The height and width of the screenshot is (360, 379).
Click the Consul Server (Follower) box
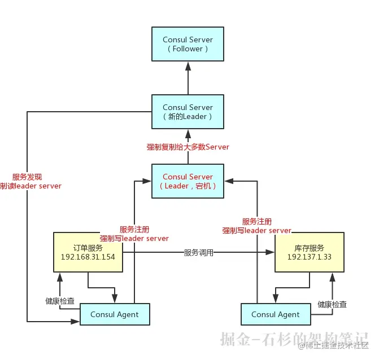(188, 44)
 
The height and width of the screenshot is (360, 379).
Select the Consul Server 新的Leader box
(188, 112)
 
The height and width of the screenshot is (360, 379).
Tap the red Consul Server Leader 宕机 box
(188, 181)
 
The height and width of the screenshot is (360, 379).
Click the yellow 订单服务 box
(88, 252)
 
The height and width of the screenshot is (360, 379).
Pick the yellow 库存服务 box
(309, 252)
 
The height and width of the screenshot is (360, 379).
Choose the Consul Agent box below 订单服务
(115, 314)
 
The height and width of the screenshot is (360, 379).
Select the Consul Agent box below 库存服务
(276, 314)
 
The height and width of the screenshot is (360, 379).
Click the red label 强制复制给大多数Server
(188, 147)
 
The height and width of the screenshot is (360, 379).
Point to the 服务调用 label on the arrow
(199, 253)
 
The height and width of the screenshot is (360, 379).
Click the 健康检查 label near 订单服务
(60, 301)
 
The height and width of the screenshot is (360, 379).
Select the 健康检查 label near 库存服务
(332, 305)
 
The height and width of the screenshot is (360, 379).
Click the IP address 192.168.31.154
(88, 257)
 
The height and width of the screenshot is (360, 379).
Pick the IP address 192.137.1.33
(309, 257)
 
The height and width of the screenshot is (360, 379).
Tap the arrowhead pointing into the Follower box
(188, 65)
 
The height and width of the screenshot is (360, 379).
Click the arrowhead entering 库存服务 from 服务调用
(271, 253)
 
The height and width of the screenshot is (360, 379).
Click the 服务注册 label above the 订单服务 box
(134, 230)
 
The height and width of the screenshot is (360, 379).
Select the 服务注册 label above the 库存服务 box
(256, 222)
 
